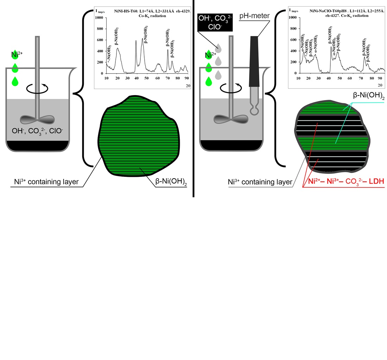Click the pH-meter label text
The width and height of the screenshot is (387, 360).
point(255,16)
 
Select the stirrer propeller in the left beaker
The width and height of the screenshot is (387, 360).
point(37,119)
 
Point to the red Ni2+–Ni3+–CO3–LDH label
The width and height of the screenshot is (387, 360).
point(344,182)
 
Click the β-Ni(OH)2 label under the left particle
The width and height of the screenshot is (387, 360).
point(171,182)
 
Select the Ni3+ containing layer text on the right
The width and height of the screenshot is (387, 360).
point(260,182)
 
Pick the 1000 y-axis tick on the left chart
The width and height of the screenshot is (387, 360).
point(100,18)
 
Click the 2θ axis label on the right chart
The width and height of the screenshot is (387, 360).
point(380,85)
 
